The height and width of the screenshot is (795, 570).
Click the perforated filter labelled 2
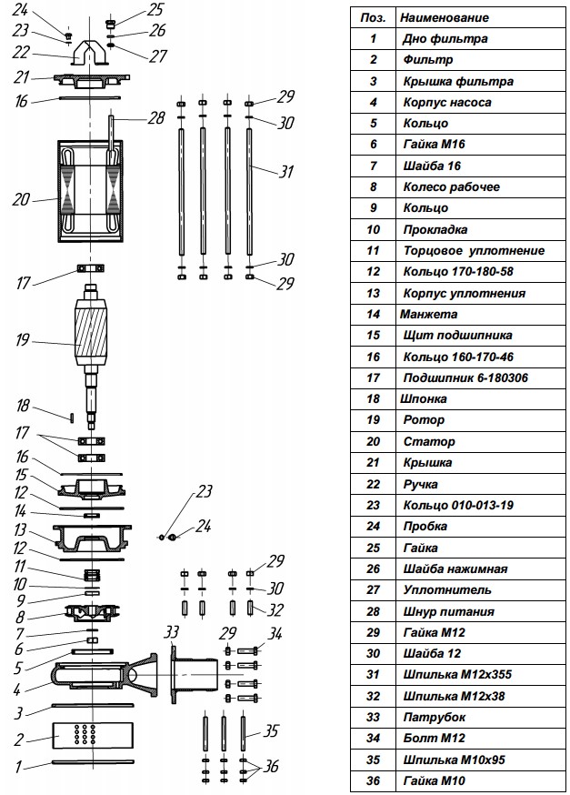coord(91,732)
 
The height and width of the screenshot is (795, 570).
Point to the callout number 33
coord(172,633)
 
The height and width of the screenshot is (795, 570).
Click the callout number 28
coord(157,118)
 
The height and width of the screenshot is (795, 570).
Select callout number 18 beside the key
coord(24,406)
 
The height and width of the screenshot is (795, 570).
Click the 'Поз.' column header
coord(373,17)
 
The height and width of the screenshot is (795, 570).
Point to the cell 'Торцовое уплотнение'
coord(474,250)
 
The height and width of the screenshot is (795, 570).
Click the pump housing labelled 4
coord(91,677)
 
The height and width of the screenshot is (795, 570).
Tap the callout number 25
coord(155,11)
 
